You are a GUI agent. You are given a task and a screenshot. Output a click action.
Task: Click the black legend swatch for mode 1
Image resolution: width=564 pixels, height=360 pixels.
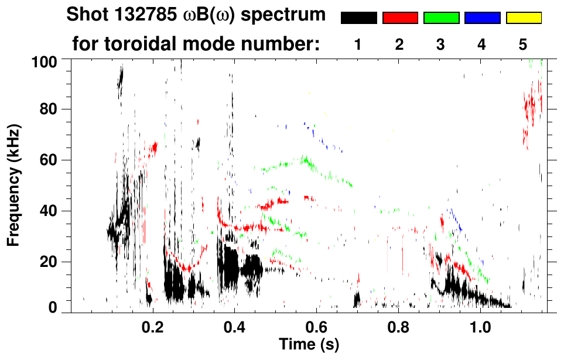358,18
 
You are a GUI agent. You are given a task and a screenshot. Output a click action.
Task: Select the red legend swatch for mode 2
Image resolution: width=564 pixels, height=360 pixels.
400,18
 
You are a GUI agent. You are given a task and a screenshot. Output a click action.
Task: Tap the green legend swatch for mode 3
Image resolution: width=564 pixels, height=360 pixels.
441,18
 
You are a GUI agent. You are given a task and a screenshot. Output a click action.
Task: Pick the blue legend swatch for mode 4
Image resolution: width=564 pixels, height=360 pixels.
482,18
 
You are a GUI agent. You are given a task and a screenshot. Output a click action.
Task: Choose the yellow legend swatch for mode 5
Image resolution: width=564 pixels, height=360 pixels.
524,18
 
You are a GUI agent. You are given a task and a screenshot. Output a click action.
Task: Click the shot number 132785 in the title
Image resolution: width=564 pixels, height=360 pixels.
147,15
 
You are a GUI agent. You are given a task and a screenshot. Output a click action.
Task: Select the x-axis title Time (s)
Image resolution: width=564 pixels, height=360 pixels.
308,345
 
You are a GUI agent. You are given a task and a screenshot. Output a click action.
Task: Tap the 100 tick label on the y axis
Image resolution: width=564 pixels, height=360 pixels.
45,61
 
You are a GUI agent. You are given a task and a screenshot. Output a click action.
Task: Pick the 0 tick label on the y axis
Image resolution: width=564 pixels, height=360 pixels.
53,307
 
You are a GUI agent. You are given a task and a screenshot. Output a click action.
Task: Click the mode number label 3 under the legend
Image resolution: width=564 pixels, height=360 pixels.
441,44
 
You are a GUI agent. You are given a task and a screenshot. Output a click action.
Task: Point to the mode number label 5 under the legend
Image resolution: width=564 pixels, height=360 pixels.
523,44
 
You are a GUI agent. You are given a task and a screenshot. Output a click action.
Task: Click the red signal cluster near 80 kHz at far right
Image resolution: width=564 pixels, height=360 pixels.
531,108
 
